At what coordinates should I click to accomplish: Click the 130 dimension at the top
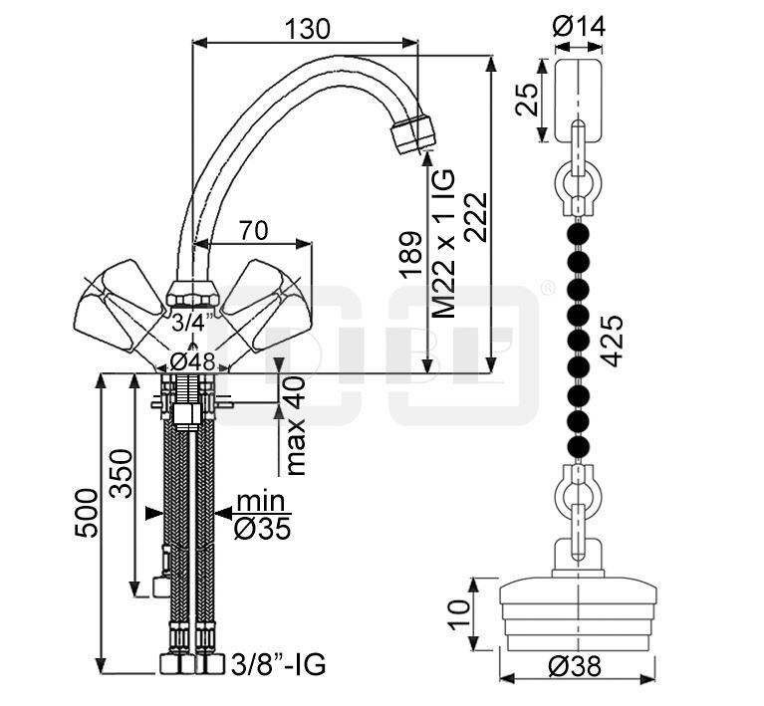coord(307,29)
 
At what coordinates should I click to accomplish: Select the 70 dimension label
coord(253,230)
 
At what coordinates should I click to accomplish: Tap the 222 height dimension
coord(475,217)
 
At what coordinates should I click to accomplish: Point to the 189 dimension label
coord(410,254)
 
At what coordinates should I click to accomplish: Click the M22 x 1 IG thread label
coord(444,243)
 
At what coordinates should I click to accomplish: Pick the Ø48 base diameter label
coord(192,362)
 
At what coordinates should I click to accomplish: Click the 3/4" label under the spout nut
coord(192,323)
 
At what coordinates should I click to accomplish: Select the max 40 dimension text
coord(295,425)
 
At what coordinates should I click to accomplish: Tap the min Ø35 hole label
coord(262,515)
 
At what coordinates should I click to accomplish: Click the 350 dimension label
coord(121,474)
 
